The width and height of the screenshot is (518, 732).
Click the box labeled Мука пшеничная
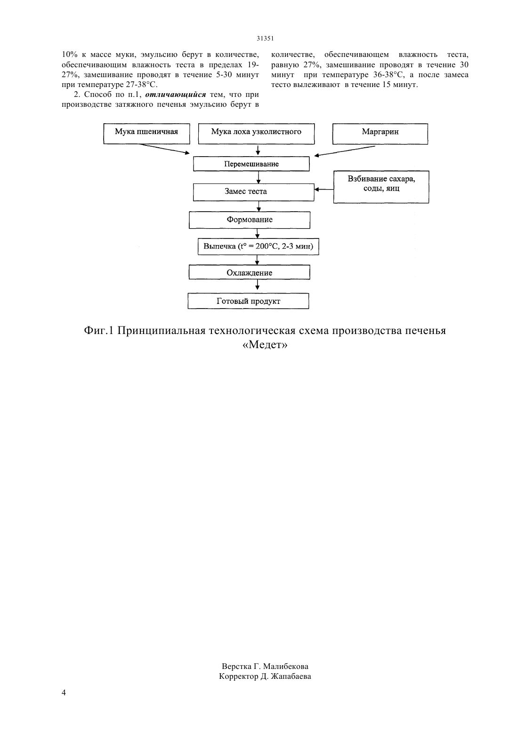tap(146, 134)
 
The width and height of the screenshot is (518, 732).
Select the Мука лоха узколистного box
tap(256, 134)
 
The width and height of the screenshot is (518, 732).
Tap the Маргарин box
tap(380, 134)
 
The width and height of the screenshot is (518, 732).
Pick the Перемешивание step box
tap(251, 164)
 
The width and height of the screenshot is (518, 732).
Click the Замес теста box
tap(253, 192)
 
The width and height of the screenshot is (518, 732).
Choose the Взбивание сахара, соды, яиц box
tap(381, 187)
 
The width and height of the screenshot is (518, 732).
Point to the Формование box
tap(250, 220)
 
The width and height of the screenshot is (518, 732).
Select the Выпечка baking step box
tap(259, 247)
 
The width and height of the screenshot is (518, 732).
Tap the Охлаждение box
tap(249, 272)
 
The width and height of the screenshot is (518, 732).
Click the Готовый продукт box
tap(248, 301)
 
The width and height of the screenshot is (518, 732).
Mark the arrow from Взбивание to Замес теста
tap(324, 189)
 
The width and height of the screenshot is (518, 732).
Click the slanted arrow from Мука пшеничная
tap(164, 149)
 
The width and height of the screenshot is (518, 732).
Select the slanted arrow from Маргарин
tap(345, 151)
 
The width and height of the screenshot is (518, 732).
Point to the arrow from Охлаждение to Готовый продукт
tap(258, 285)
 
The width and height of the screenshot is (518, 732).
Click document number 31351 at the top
tap(265, 38)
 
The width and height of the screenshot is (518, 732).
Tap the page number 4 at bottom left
tap(64, 692)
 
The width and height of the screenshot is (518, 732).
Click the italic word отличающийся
tap(176, 95)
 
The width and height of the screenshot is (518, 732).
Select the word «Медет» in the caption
tap(265, 345)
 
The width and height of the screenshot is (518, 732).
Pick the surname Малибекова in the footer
tap(285, 666)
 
